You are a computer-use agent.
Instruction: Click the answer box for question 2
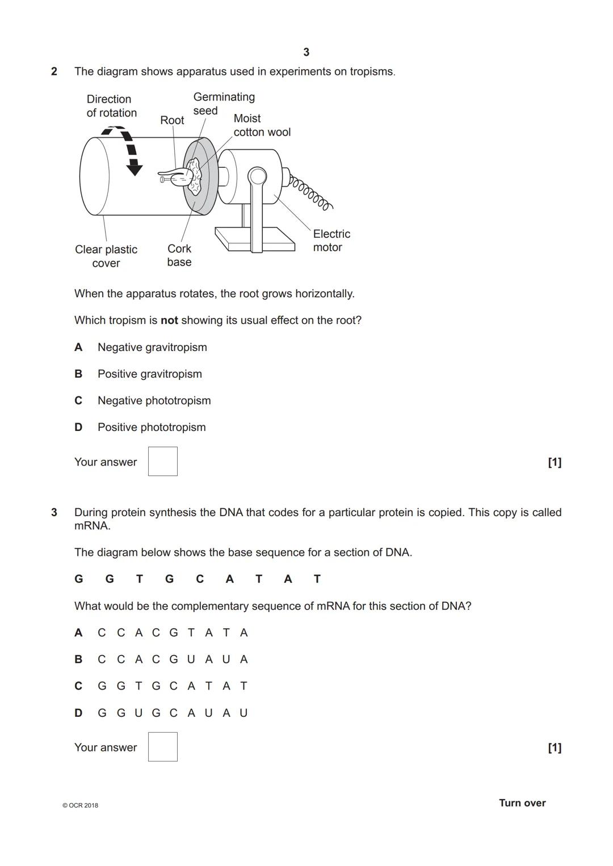(x=163, y=461)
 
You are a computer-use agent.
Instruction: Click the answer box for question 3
(x=163, y=746)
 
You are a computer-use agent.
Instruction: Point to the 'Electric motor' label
(x=331, y=240)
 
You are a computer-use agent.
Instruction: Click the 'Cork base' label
(x=179, y=255)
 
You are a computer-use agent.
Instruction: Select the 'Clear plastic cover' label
(x=106, y=256)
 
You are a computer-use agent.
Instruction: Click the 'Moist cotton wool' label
(x=262, y=125)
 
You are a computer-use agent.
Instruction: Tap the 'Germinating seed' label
(x=224, y=104)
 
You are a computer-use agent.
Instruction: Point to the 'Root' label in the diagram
(x=172, y=120)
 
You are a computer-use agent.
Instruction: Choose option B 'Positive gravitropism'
(x=149, y=374)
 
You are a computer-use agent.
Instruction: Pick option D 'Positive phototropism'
(x=152, y=427)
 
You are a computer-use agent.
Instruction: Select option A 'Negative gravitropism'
(x=152, y=347)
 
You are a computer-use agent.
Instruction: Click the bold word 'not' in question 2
(x=169, y=320)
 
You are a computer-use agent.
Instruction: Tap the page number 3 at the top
(x=306, y=52)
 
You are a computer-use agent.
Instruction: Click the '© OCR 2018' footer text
(x=80, y=805)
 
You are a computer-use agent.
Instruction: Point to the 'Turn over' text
(x=522, y=803)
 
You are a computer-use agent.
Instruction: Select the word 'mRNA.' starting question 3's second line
(x=93, y=526)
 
